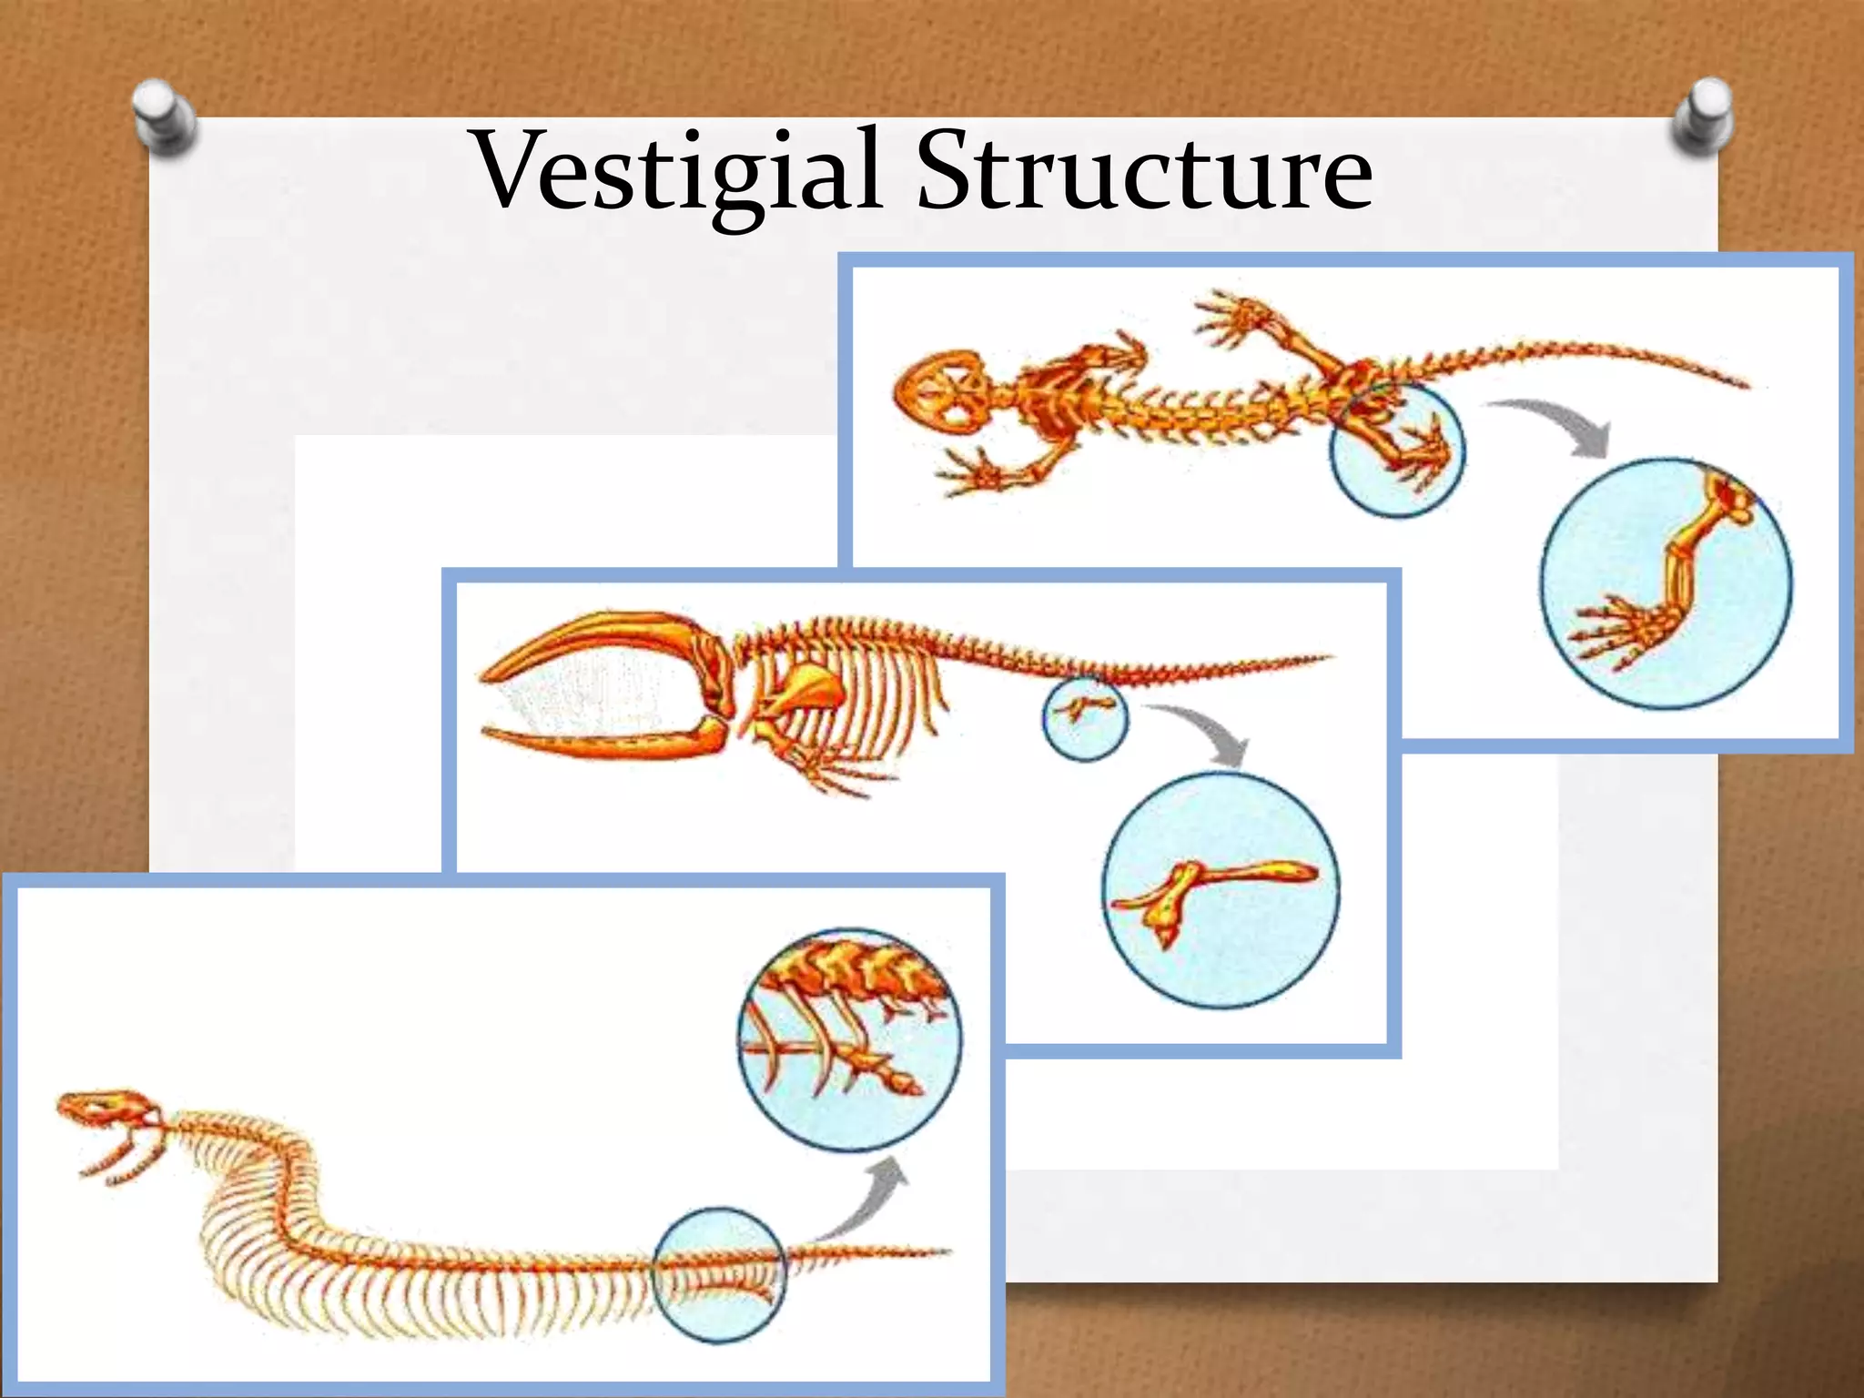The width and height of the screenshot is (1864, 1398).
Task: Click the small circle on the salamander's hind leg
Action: click(x=1397, y=450)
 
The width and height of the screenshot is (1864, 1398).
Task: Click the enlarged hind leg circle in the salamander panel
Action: click(x=1666, y=582)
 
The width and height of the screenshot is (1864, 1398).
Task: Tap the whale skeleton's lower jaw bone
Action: click(x=601, y=742)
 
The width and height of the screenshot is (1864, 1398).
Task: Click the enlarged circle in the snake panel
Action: click(x=848, y=1039)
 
